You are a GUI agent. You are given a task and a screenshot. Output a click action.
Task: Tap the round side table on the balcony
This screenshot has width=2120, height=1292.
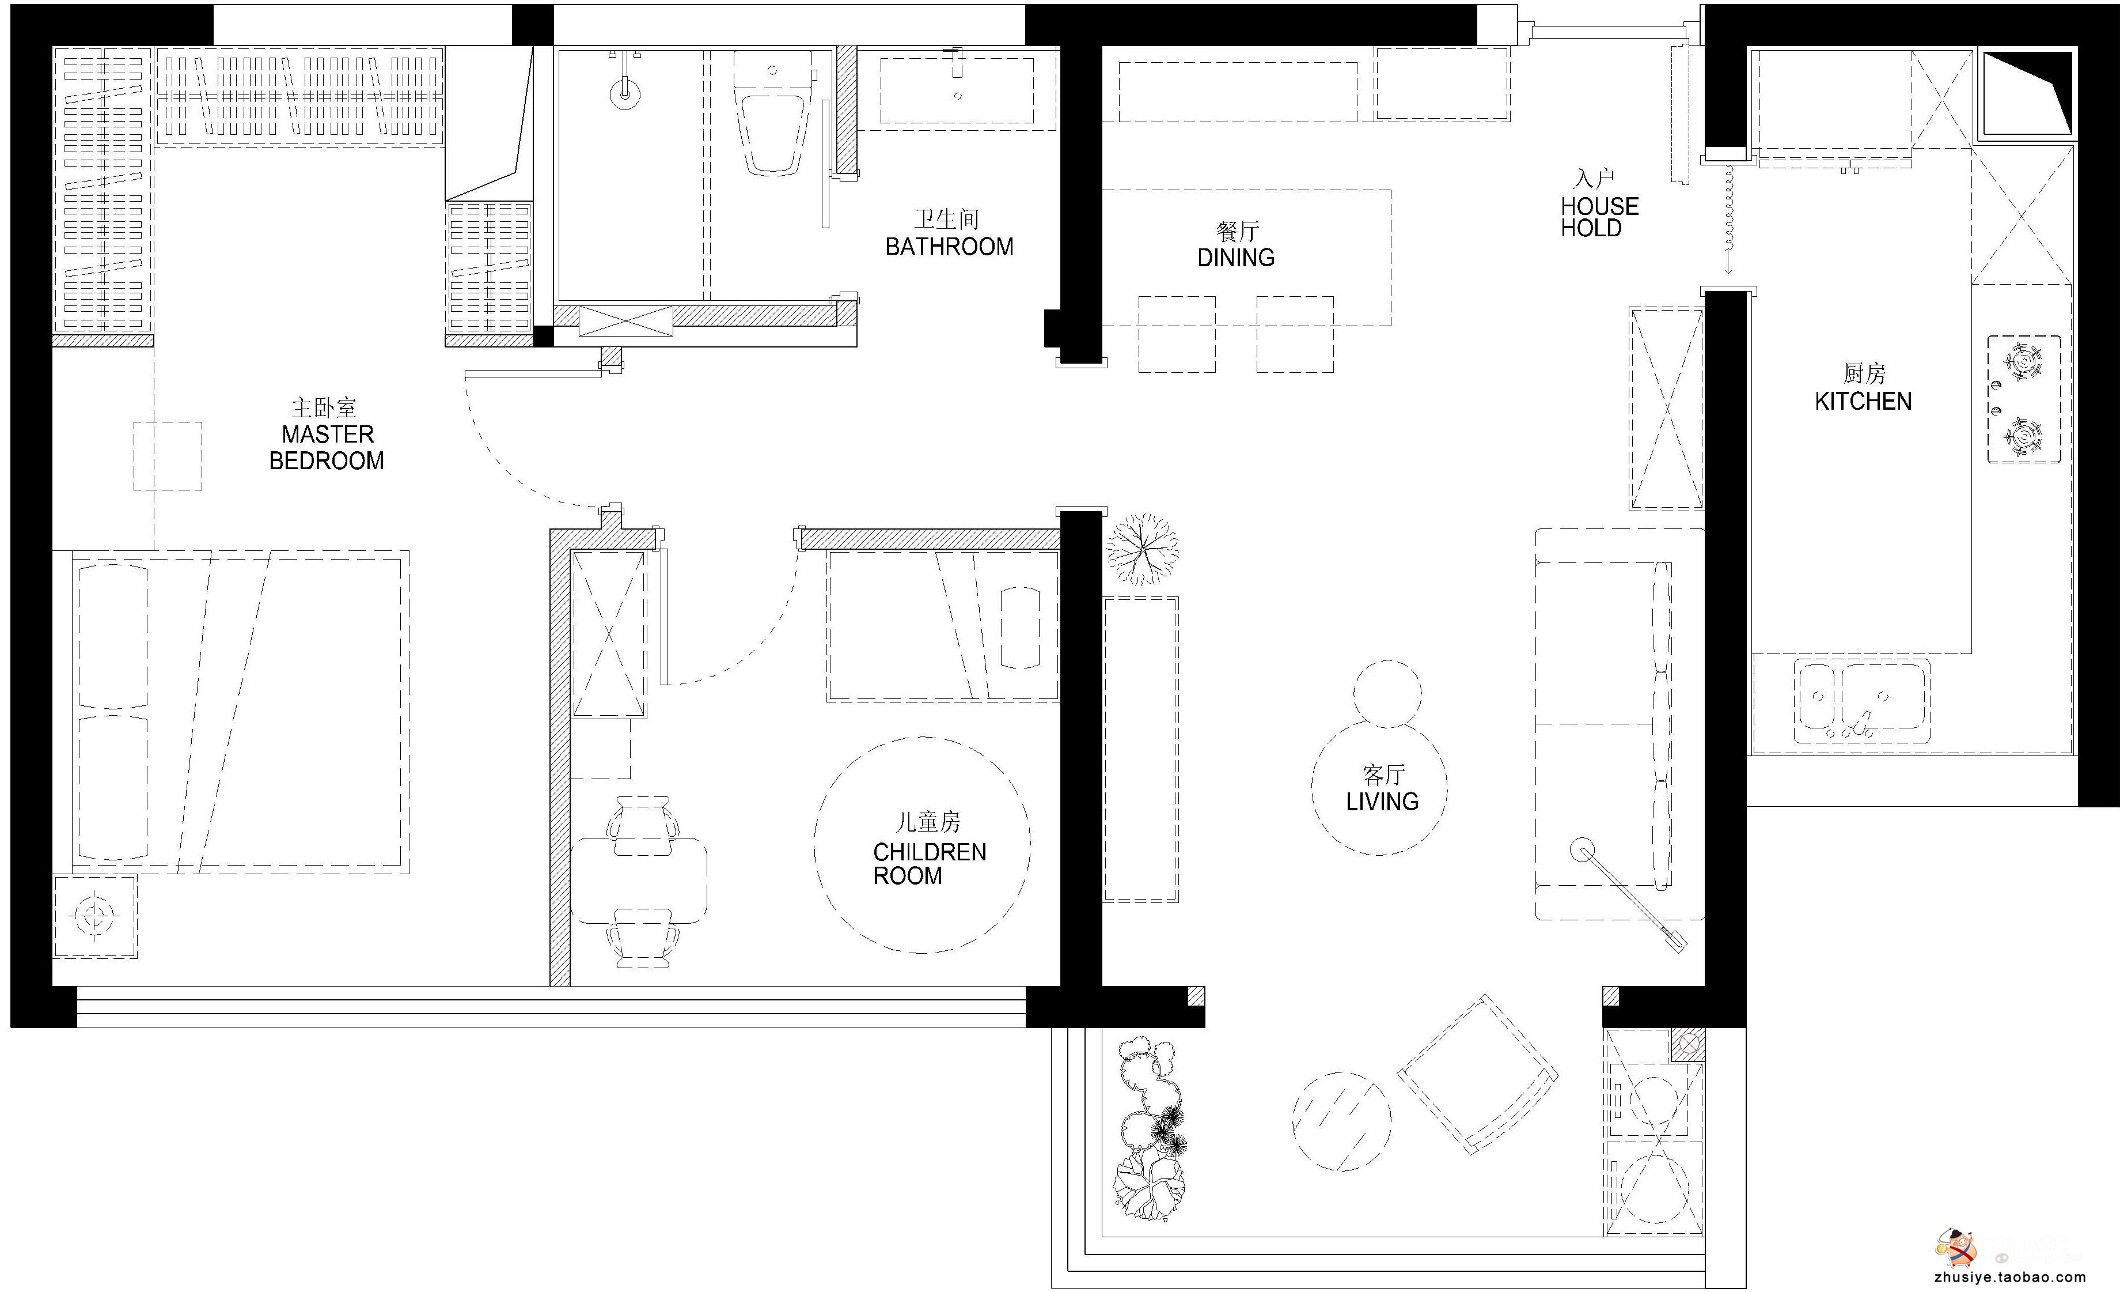pos(1341,1121)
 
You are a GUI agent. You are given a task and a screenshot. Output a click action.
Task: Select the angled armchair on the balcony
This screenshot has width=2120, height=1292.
pos(1477,1074)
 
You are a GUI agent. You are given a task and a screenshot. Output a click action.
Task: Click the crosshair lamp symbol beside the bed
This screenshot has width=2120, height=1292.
pos(94,916)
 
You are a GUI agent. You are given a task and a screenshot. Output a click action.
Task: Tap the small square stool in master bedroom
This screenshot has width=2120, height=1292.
pos(168,456)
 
